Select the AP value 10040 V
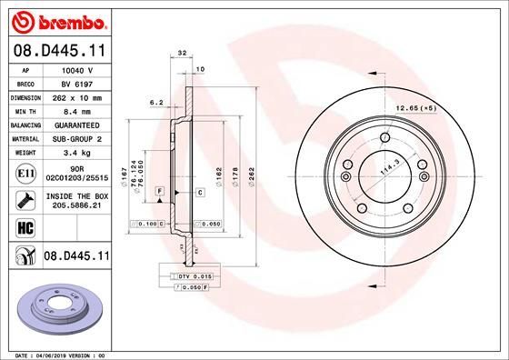coord(75,69)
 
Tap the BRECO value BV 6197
coord(75,83)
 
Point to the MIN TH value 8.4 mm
coord(75,110)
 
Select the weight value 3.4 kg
coord(75,152)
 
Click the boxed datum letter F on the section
coord(160,191)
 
